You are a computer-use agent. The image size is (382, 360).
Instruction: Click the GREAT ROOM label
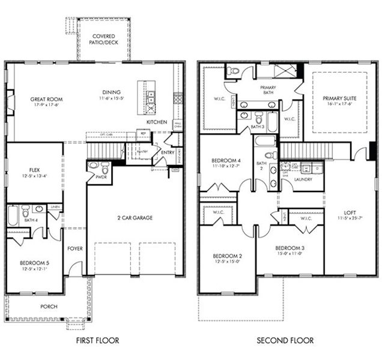[x=46, y=100]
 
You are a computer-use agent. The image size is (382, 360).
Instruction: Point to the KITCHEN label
[x=156, y=122]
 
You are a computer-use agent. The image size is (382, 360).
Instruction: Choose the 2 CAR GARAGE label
[x=135, y=217]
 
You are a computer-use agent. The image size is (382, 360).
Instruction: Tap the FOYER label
[x=75, y=248]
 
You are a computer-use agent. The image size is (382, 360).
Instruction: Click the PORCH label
[x=49, y=307]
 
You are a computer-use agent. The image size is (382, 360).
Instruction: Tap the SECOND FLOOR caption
[x=285, y=341]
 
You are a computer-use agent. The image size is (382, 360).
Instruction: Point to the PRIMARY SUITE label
[x=339, y=98]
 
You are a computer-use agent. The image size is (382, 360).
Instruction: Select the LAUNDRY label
[x=302, y=179]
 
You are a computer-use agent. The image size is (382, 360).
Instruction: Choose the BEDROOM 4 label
[x=227, y=160]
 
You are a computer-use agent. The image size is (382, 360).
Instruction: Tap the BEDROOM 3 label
[x=291, y=248]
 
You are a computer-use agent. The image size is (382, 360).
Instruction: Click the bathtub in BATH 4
[x=13, y=215]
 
